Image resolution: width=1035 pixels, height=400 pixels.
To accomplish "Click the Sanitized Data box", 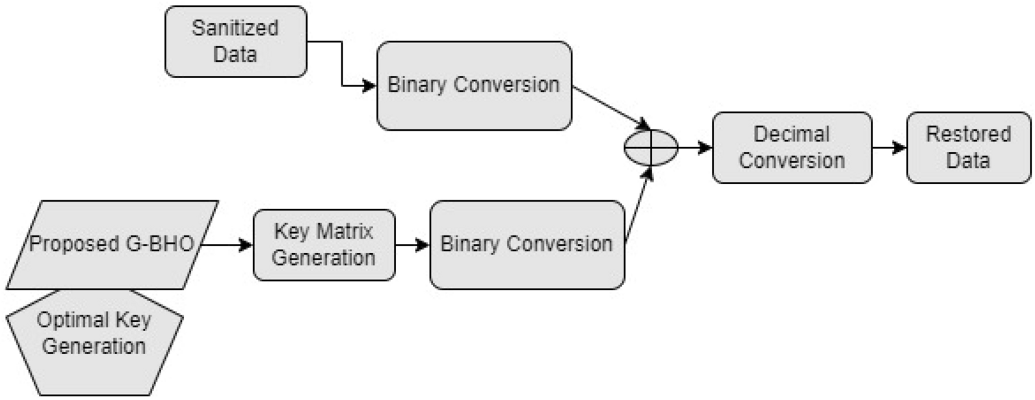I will tap(235, 42).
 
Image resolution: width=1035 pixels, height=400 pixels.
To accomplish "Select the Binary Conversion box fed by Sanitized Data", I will tap(474, 86).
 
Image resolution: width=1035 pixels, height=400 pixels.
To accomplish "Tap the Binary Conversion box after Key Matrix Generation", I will tap(527, 245).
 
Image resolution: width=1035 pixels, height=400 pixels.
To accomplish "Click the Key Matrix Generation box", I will tap(324, 245).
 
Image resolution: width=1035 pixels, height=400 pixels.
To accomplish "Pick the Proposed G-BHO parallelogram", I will tap(112, 245).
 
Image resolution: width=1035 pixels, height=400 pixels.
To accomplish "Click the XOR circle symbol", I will tap(651, 148).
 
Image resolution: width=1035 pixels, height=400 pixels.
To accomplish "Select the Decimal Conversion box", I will tap(791, 148).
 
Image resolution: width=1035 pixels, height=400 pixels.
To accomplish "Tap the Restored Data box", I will tap(968, 148).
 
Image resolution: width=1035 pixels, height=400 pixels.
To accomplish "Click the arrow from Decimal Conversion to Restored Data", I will tap(889, 148).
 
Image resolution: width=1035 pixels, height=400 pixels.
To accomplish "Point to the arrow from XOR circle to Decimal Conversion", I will tap(695, 148).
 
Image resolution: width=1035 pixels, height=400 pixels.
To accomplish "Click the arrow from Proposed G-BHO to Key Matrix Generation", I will tap(227, 245).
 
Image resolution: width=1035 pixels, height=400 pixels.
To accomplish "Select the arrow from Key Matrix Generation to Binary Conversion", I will tap(412, 245).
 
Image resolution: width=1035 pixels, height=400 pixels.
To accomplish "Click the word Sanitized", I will tap(235, 28).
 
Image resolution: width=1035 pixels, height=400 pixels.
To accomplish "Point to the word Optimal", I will tap(64, 320).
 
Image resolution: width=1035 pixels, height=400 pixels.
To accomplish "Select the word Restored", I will tap(968, 134).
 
